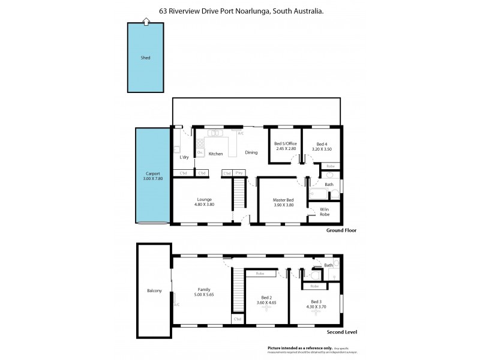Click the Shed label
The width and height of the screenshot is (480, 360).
click(145, 58)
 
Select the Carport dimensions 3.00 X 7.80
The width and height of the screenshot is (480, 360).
click(154, 179)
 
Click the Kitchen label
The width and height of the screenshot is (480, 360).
click(215, 154)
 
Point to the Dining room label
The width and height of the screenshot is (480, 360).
click(251, 152)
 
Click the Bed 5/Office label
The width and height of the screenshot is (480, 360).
click(285, 144)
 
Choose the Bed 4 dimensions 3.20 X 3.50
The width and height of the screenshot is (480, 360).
click(322, 149)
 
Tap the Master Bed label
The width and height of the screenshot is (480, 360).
click(282, 199)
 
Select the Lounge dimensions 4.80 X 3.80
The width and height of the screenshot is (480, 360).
click(204, 205)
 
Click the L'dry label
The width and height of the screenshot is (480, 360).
click(185, 157)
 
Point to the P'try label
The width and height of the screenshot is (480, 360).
click(238, 173)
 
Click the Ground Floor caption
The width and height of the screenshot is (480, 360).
click(342, 230)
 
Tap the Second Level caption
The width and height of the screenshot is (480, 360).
click(343, 332)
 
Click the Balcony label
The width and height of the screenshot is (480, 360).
click(154, 291)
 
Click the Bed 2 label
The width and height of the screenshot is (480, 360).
click(266, 297)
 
